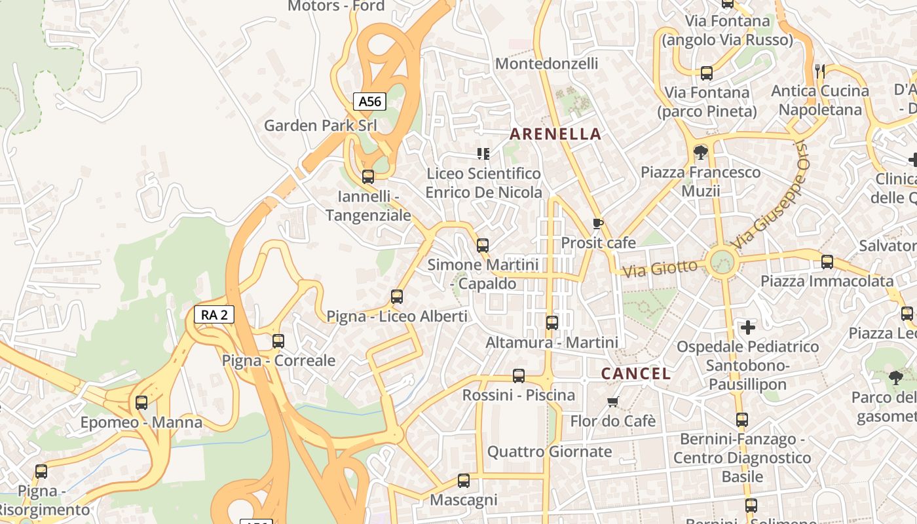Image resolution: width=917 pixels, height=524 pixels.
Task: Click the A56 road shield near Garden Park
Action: coord(369,102)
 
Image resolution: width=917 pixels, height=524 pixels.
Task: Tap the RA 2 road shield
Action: coord(214,314)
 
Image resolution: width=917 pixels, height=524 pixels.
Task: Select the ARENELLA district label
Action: coord(555,134)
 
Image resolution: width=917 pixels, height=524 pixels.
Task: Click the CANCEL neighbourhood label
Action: coord(636,374)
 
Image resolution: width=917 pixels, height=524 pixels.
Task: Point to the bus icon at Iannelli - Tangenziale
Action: coord(368,176)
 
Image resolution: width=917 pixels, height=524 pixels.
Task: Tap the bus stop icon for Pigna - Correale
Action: coord(278,341)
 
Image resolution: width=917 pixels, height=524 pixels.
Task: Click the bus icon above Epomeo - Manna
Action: coord(141,403)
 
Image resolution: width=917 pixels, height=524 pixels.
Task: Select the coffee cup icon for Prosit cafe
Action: coord(597,223)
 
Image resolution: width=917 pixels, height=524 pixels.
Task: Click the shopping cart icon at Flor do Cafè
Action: coord(613,401)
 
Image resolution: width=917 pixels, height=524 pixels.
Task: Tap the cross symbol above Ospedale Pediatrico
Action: coord(747,327)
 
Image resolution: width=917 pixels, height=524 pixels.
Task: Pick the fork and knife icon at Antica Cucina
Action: coord(820,71)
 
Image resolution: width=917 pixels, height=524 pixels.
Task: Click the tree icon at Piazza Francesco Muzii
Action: coord(700,153)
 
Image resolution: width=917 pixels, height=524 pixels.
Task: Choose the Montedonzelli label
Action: coord(546,64)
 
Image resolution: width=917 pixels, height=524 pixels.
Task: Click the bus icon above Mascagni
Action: coord(464,481)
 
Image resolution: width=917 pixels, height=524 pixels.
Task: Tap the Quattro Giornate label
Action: coord(550,451)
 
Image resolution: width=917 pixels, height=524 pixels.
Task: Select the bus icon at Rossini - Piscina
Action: coord(519,375)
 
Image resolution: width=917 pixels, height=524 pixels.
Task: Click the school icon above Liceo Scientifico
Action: coord(483,154)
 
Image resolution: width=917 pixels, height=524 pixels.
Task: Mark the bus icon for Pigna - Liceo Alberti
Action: coord(397,296)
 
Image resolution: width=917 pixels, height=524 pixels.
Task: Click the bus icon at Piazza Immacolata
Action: coord(827,262)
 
